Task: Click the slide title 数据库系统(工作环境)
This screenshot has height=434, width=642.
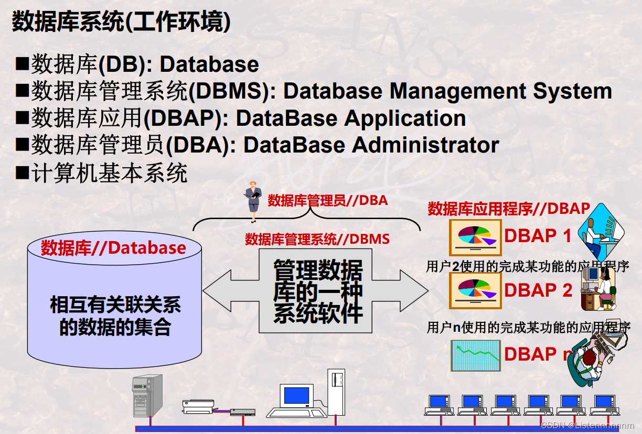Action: pos(121,22)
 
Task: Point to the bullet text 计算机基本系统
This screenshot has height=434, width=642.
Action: pos(109,172)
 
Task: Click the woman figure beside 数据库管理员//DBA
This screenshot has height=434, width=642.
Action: pos(253,202)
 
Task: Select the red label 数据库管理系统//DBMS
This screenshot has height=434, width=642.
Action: pos(317,240)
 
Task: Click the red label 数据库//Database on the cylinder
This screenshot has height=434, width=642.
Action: pos(113,248)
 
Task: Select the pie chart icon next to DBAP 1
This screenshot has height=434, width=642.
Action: pos(475,236)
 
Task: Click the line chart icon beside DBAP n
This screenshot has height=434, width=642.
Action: pos(475,355)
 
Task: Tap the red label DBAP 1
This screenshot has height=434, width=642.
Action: pos(538,236)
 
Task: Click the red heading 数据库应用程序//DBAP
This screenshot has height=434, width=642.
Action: pos(509,209)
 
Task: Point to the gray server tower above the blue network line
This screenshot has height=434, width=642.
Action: pos(146,396)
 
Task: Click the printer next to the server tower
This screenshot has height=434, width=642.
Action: pos(198,405)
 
